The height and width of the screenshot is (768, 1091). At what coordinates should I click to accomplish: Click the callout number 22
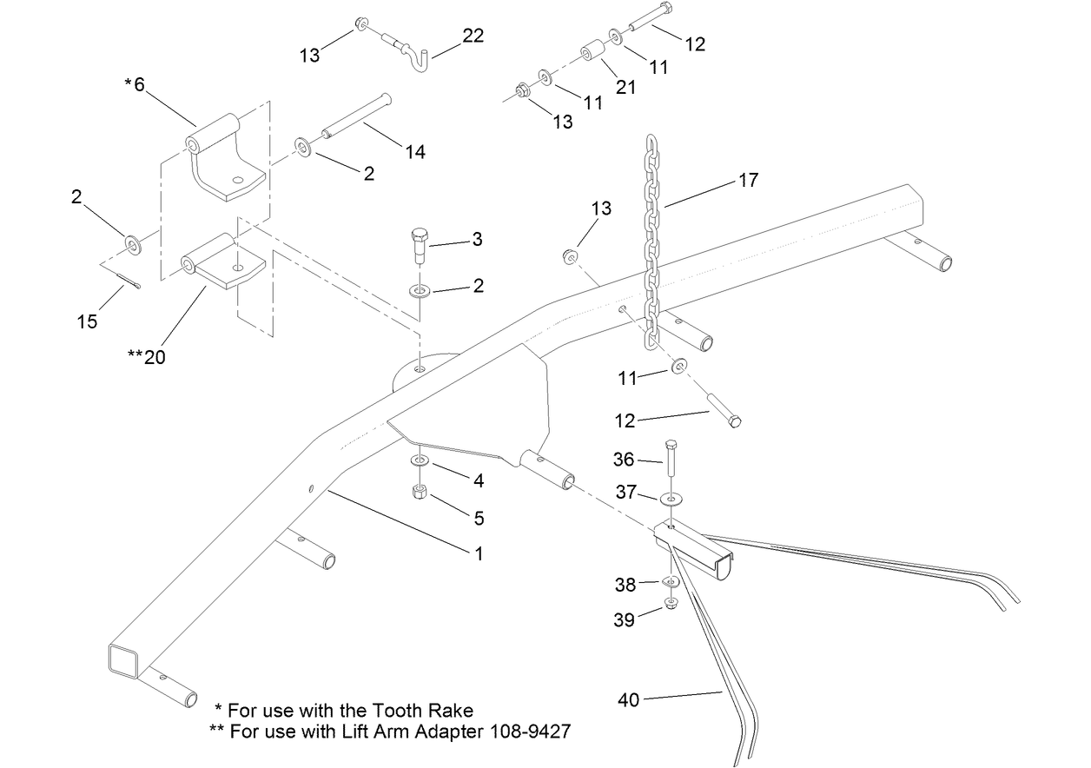[473, 36]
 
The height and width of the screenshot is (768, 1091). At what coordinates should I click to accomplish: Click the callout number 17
[748, 181]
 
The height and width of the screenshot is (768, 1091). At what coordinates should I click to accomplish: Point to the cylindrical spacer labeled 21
[594, 53]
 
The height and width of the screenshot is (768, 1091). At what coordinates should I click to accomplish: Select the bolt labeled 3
[418, 243]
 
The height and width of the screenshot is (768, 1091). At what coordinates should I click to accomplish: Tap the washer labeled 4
[418, 460]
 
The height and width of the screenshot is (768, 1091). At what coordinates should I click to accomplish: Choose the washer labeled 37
[671, 500]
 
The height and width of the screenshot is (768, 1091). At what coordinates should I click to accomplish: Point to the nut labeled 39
[671, 604]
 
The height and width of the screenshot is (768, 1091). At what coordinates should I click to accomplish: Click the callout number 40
[628, 699]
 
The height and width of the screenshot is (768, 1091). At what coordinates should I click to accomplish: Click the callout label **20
[145, 356]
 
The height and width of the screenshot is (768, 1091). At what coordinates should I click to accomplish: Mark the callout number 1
[477, 553]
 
